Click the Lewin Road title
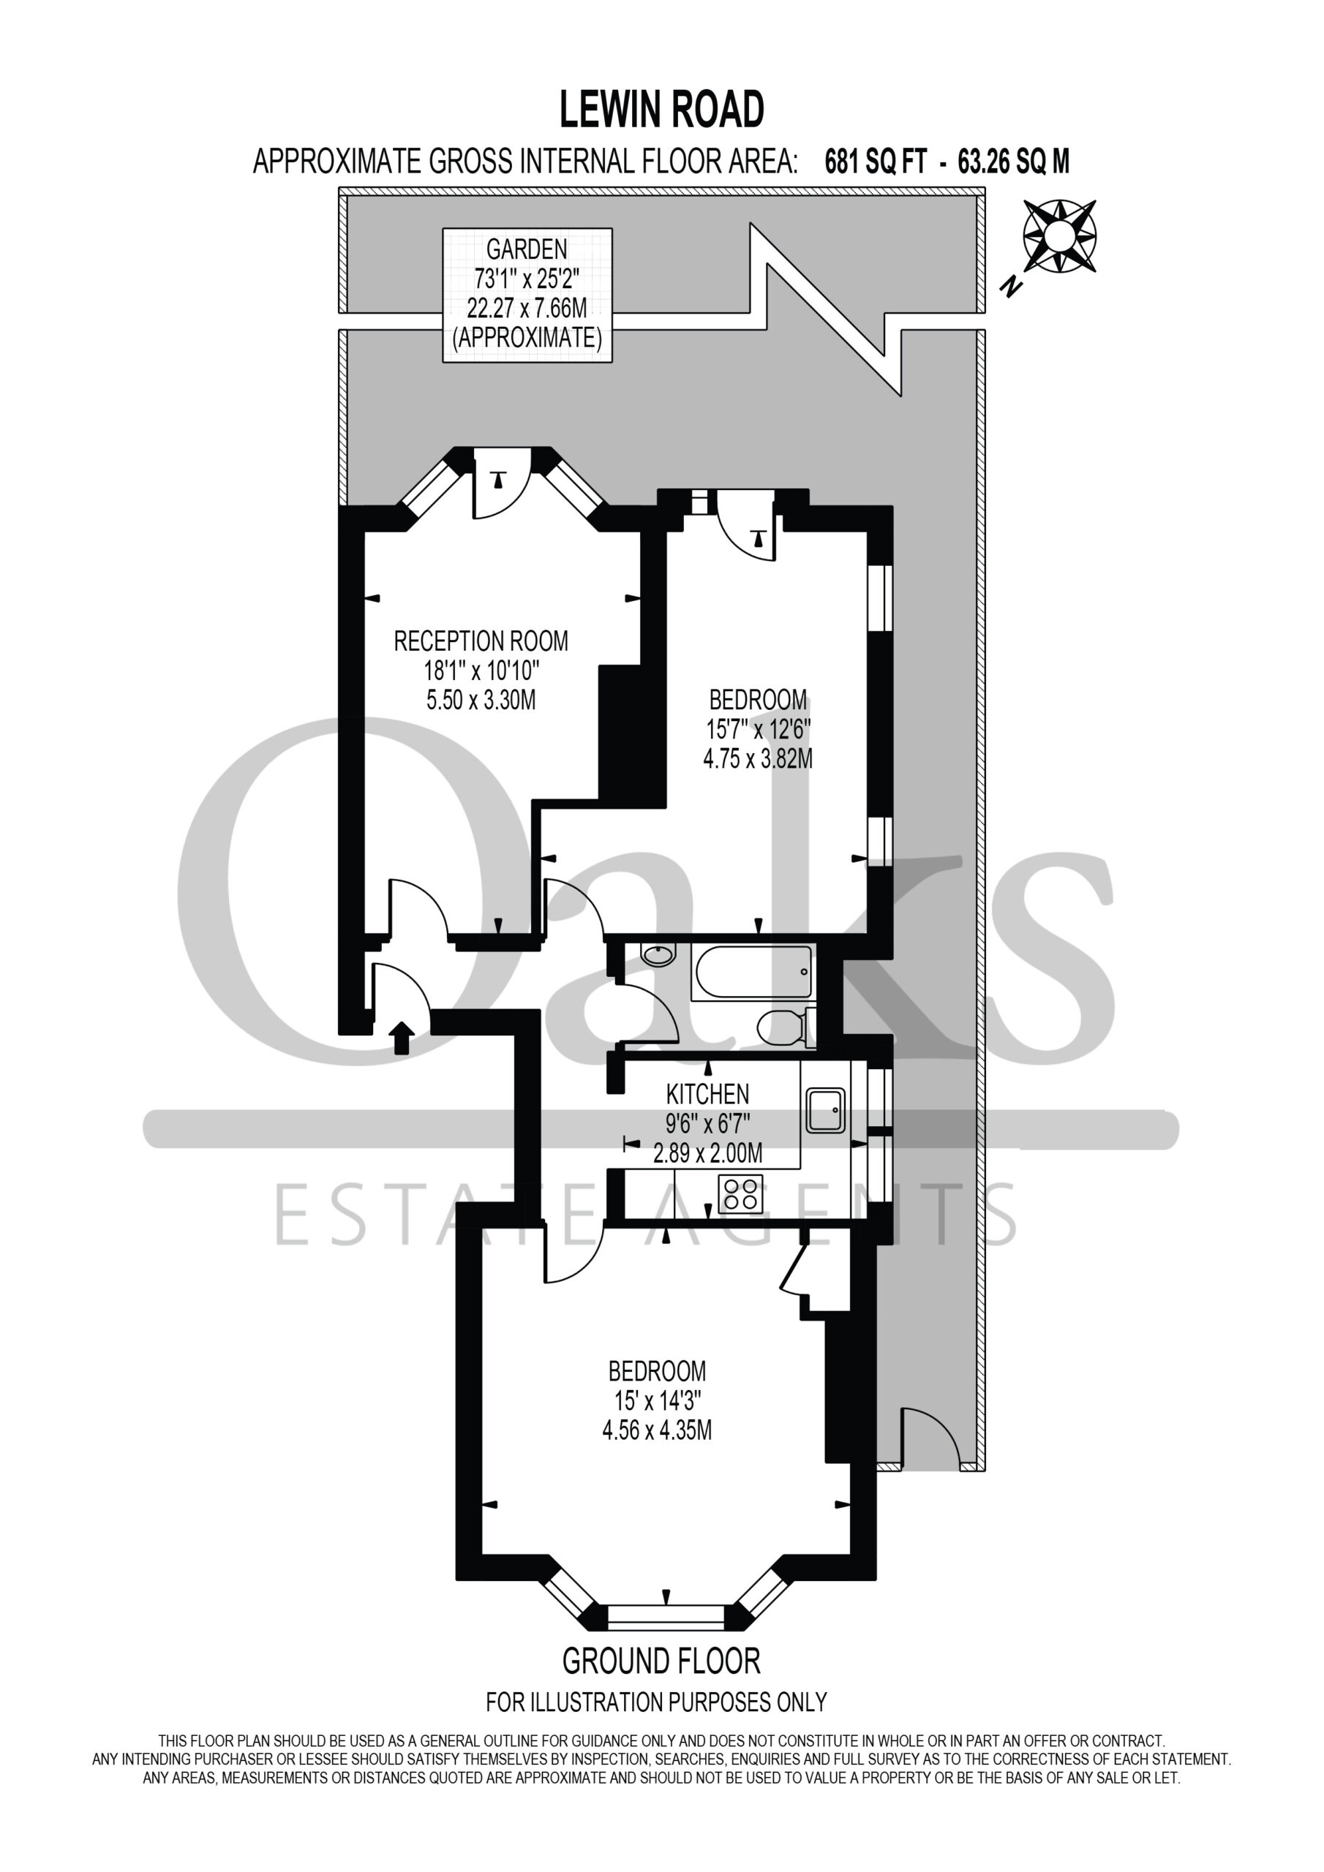point(661,110)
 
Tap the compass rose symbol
point(1059,235)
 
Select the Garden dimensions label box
point(527,295)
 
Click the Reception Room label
point(481,641)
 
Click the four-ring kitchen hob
point(741,1194)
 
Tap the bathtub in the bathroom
point(751,972)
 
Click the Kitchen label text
point(707,1094)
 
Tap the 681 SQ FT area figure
point(876,162)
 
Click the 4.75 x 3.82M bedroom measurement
point(758,759)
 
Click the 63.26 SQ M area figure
point(1014,162)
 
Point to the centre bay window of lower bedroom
point(666,1615)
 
